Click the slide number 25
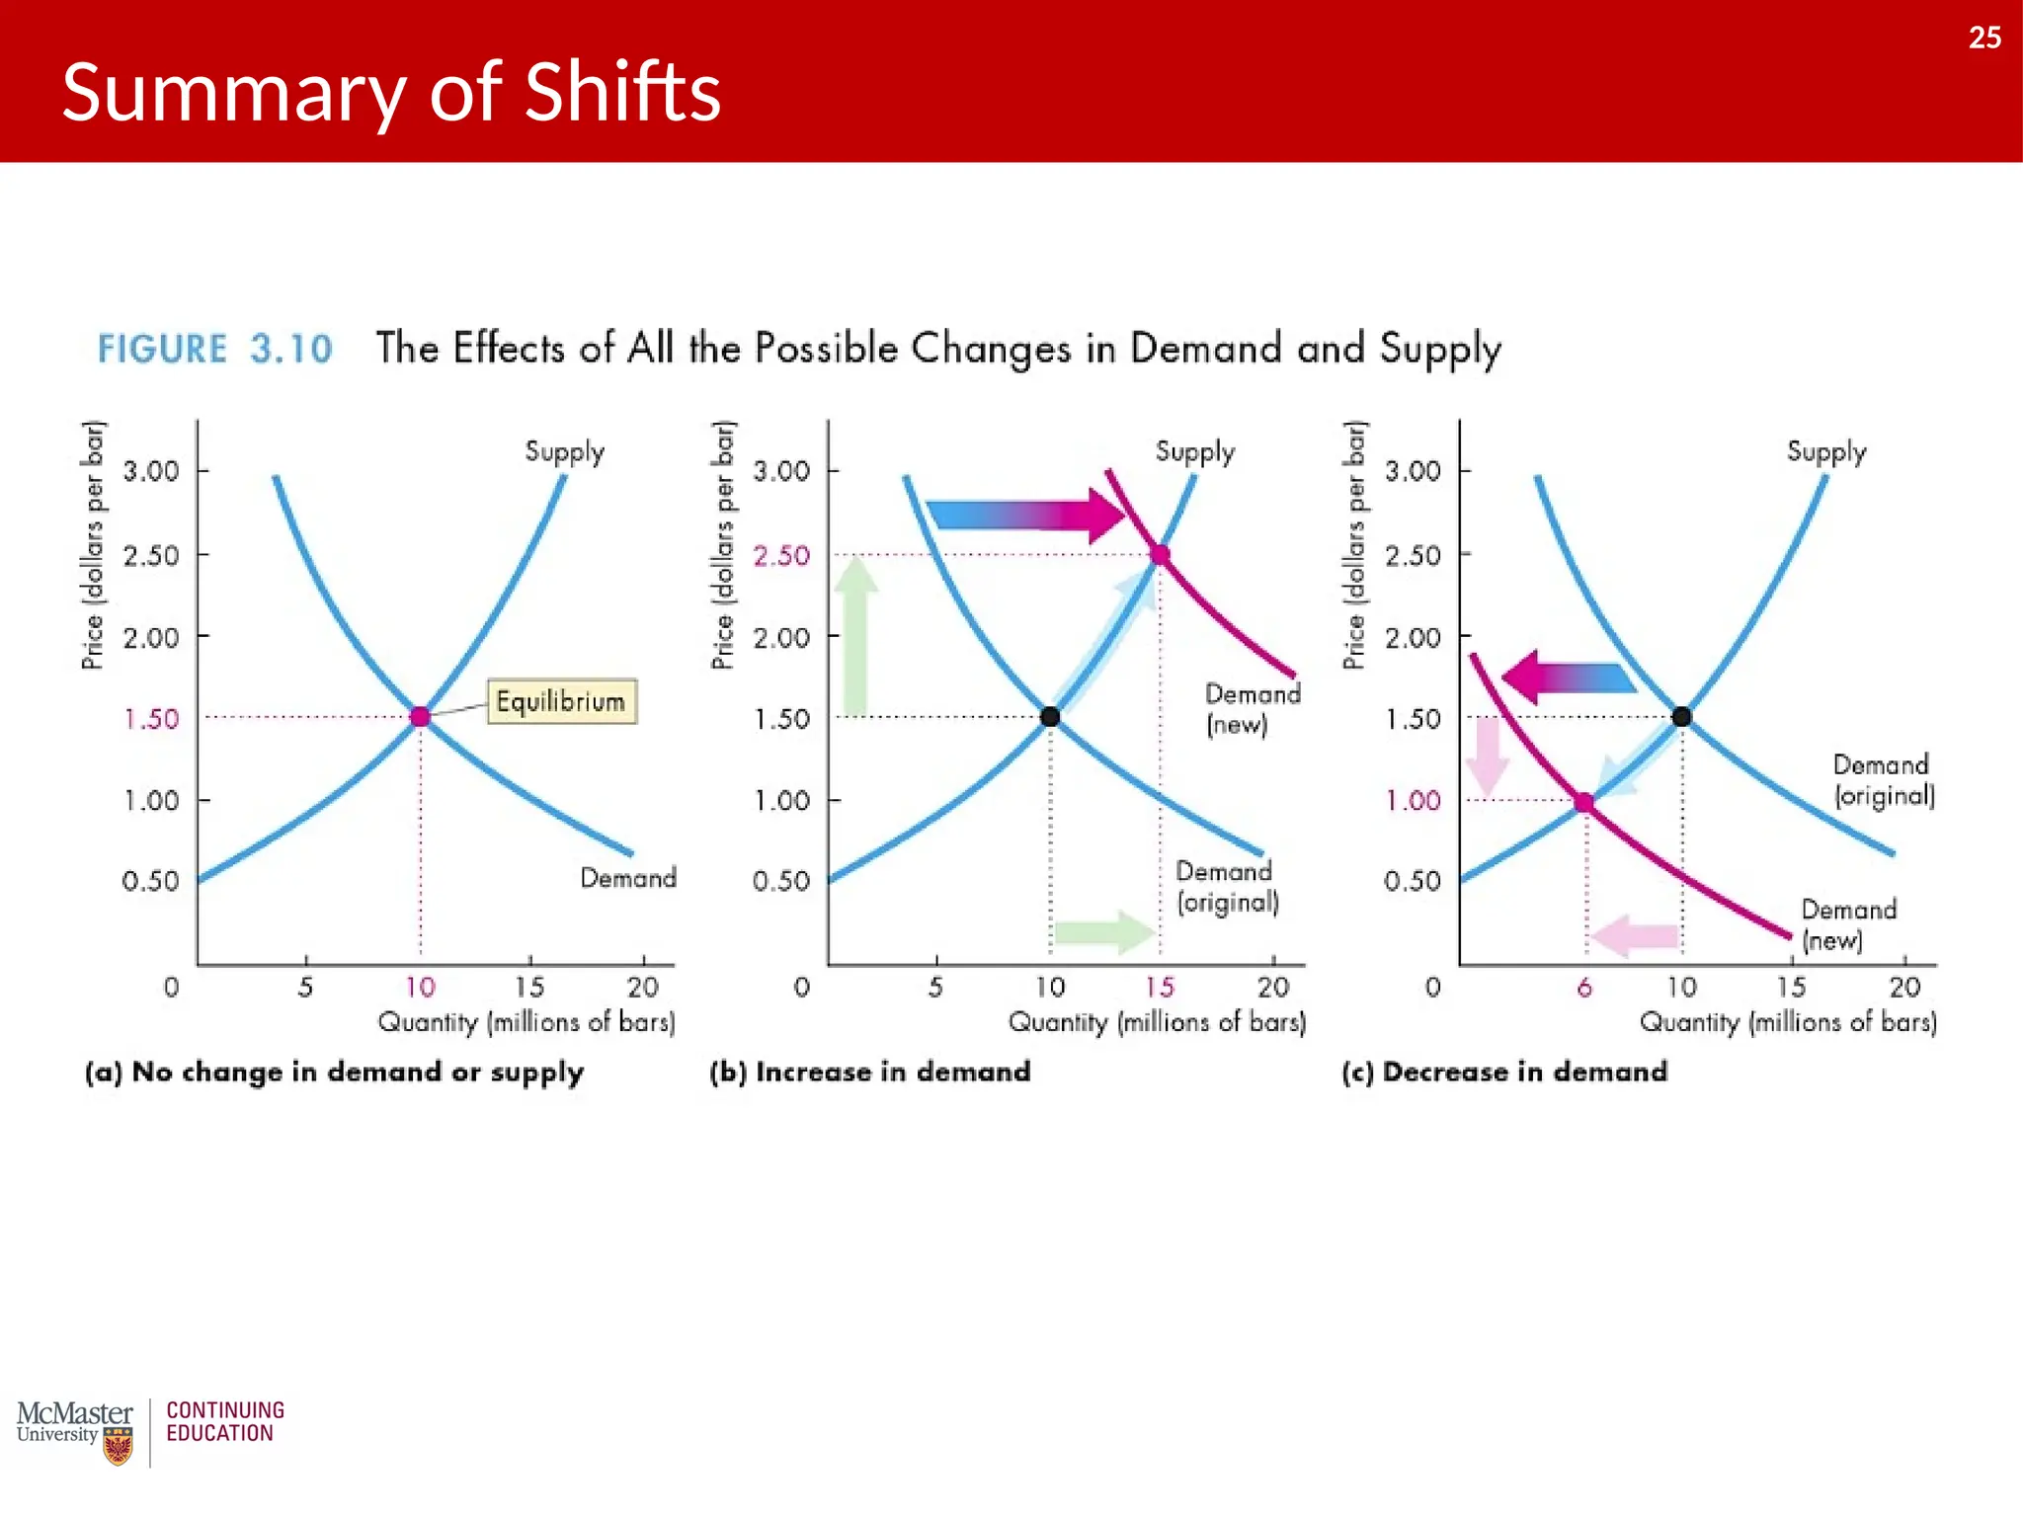click(1983, 38)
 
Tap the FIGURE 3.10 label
click(214, 349)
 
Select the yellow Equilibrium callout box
click(561, 701)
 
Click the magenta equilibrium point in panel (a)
click(420, 716)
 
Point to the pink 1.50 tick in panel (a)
click(151, 718)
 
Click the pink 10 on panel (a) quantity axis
click(420, 987)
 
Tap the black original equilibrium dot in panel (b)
click(1050, 716)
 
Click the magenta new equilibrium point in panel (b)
click(1161, 554)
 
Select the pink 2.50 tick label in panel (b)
click(781, 555)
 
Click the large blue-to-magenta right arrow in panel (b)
click(1027, 515)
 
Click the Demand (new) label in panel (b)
click(1252, 709)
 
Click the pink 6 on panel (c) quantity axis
click(1584, 987)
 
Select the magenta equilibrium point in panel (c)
click(1583, 802)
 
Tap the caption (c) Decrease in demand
click(1503, 1072)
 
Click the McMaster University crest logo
click(118, 1447)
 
